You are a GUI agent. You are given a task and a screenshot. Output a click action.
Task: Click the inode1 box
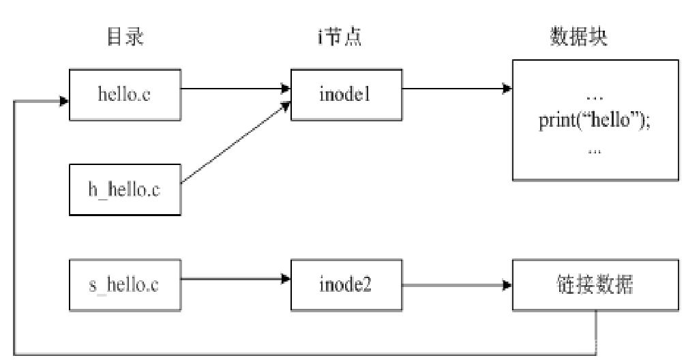[346, 94]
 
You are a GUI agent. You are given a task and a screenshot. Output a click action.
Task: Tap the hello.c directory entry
[125, 94]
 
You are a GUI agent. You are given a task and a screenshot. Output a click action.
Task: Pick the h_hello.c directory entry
[125, 190]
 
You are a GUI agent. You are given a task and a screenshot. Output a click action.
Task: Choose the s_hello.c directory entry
[125, 284]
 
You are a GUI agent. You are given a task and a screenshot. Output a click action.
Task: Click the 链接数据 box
[595, 284]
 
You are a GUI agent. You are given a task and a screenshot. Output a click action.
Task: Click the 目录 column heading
[125, 37]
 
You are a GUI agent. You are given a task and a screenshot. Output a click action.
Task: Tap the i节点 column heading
[340, 37]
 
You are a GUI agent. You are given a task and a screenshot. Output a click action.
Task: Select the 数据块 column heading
[578, 37]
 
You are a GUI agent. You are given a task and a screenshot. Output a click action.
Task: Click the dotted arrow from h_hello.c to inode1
[232, 143]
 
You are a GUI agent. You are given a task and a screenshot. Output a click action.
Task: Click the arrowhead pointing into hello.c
[63, 102]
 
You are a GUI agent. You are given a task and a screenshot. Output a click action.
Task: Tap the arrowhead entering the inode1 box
[286, 87]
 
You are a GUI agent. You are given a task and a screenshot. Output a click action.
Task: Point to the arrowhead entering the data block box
[507, 87]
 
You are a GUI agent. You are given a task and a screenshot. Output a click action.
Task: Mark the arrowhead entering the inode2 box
[286, 278]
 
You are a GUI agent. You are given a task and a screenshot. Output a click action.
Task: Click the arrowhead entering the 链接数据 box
[507, 284]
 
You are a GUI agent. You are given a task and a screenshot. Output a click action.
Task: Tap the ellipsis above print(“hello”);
[595, 96]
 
